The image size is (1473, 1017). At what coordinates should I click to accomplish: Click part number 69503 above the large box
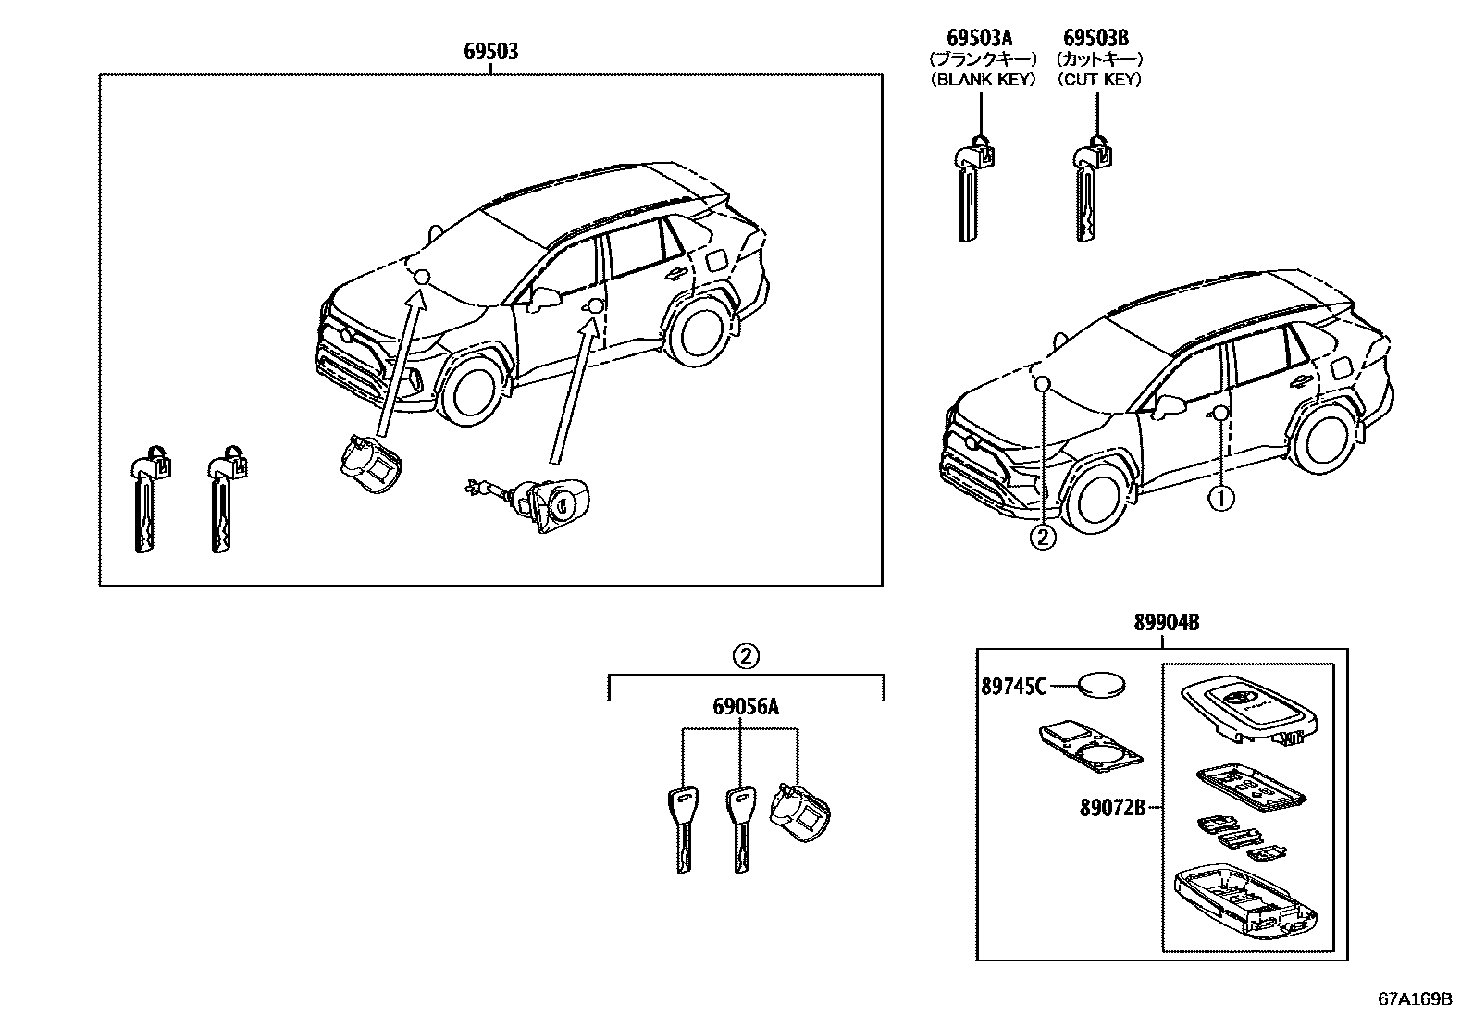(490, 52)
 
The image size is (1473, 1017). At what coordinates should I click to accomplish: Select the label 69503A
(980, 37)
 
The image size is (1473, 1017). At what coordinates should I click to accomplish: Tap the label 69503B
(1095, 37)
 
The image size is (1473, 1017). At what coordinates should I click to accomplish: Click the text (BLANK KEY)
(982, 80)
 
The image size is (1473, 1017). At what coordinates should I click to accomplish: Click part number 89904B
(1167, 623)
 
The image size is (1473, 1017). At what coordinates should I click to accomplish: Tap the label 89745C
(1014, 687)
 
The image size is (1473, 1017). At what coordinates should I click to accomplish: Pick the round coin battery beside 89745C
(1102, 687)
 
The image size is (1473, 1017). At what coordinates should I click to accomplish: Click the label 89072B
(1113, 808)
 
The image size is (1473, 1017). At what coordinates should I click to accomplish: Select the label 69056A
(745, 708)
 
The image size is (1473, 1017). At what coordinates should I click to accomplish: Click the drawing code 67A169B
(1417, 1000)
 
